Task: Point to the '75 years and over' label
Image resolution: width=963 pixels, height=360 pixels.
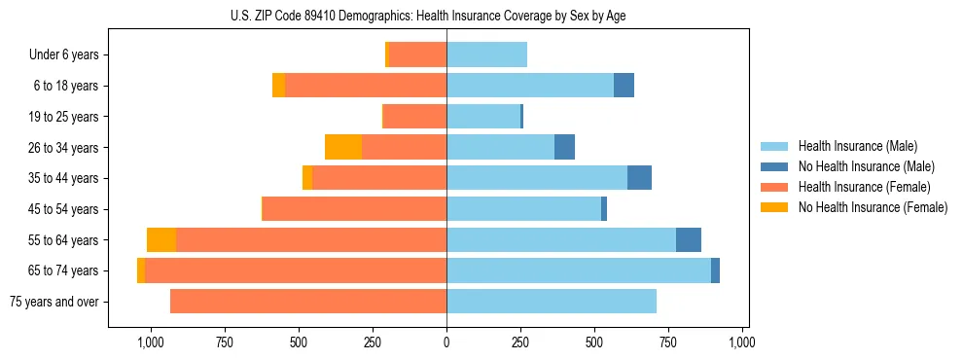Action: (54, 302)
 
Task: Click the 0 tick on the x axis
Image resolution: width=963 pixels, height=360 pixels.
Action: (446, 342)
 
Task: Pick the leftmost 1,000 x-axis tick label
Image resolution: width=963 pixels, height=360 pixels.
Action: (150, 342)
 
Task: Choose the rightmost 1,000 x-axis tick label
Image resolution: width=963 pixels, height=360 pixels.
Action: (742, 342)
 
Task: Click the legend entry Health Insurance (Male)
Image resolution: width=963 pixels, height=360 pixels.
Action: (857, 146)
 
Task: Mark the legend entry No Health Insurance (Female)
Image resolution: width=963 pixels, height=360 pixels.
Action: (873, 207)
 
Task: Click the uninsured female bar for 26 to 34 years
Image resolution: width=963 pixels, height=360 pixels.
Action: (343, 147)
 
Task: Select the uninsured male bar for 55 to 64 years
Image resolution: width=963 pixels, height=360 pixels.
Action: (689, 239)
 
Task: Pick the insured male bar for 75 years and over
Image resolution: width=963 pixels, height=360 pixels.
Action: (552, 302)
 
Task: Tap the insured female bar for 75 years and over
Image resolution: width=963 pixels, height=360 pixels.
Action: (308, 302)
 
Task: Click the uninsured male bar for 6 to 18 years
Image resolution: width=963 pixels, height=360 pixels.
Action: (624, 86)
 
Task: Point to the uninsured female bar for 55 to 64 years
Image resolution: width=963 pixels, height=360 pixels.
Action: (161, 239)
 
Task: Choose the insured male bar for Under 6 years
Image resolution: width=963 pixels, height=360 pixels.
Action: (486, 54)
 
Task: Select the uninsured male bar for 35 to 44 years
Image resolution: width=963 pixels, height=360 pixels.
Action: (639, 178)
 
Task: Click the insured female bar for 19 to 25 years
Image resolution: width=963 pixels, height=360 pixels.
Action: (415, 117)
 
